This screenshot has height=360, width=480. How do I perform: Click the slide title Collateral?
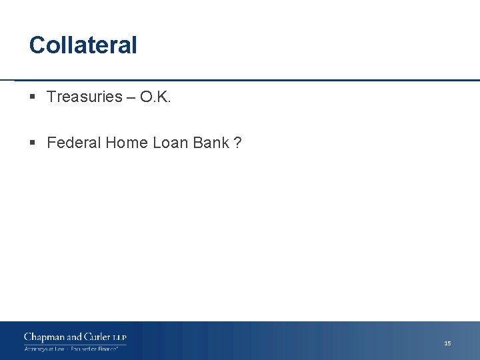[83, 45]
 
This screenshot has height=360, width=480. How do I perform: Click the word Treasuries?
[85, 97]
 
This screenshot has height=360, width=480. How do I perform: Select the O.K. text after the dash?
[156, 97]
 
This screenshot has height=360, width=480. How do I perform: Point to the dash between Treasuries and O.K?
[132, 97]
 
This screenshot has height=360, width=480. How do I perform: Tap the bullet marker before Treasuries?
[33, 97]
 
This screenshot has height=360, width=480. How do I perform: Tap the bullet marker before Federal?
[33, 143]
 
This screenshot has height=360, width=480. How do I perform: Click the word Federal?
[72, 143]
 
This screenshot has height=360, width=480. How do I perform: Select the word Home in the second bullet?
[124, 143]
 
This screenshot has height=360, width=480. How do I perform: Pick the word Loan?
[170, 143]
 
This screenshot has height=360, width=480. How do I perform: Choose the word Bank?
[211, 143]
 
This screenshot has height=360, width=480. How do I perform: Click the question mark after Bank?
[237, 143]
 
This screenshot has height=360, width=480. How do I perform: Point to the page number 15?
[447, 343]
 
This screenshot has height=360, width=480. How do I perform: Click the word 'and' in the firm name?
[75, 337]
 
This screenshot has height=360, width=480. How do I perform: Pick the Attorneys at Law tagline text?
[44, 349]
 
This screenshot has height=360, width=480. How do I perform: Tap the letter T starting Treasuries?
[51, 97]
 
